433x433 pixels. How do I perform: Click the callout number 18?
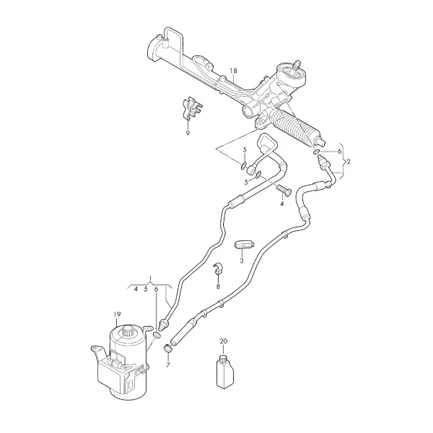(x=233, y=71)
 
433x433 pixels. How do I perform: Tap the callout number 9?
(x=188, y=133)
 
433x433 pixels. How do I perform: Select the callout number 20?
(x=224, y=341)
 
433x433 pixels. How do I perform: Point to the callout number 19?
(x=117, y=314)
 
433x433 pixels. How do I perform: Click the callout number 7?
(x=168, y=364)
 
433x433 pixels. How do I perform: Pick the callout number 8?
(x=218, y=287)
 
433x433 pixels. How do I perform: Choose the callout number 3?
(x=242, y=261)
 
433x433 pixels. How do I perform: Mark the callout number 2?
(x=349, y=162)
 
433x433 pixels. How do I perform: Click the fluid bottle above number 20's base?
(x=224, y=372)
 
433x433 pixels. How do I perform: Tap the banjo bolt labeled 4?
(x=284, y=191)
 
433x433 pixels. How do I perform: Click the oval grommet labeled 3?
(x=244, y=245)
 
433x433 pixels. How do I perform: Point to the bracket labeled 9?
(x=191, y=109)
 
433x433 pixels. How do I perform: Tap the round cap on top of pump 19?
(x=128, y=330)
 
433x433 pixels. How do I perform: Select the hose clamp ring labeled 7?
(x=168, y=349)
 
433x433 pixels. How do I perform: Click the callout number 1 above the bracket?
(x=151, y=277)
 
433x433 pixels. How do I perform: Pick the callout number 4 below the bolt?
(x=281, y=204)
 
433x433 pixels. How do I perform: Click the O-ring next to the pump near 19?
(x=157, y=336)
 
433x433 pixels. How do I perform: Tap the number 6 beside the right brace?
(x=339, y=152)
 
